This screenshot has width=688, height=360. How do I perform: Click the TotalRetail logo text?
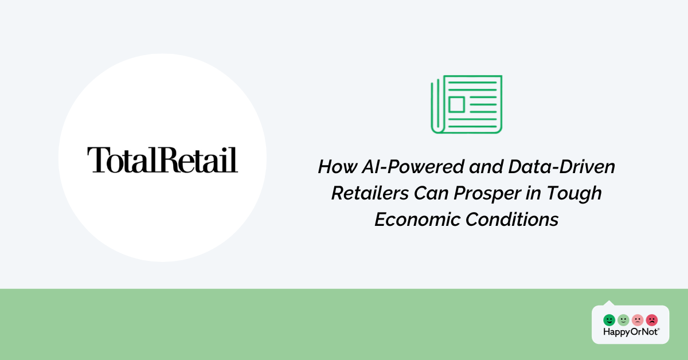[162, 160]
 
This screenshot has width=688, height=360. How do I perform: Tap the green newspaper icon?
[467, 104]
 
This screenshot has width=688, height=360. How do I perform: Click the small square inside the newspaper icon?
[457, 104]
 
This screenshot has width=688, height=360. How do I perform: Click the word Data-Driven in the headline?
[561, 166]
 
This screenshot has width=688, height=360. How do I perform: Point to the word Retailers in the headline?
[370, 193]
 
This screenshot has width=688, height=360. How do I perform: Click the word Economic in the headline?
[417, 220]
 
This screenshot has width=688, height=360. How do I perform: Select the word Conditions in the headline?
[511, 220]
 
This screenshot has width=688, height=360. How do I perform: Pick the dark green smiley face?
[609, 320]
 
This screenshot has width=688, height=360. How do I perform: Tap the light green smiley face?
[623, 320]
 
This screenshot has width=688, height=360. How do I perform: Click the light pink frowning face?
[638, 320]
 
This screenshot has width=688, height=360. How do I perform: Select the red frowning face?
[652, 320]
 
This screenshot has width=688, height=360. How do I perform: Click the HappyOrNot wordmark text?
[631, 332]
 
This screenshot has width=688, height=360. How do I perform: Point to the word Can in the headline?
[431, 193]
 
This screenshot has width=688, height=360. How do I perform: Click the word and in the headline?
[486, 166]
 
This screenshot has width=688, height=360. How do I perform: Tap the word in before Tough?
[534, 193]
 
